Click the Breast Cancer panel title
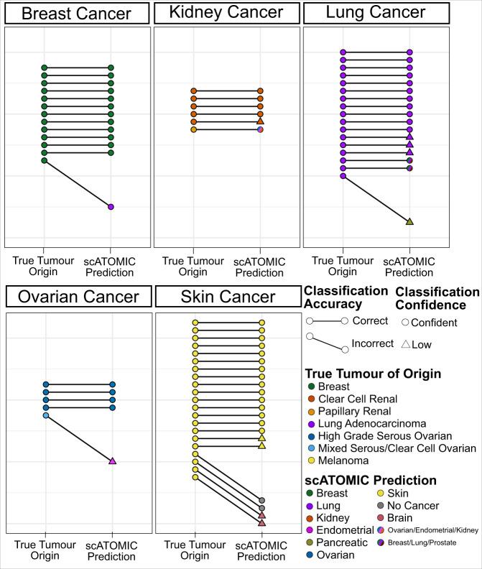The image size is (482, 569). coord(76,14)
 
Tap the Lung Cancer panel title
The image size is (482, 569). coord(375,12)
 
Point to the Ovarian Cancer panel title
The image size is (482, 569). coord(76,297)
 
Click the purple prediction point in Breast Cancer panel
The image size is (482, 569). coord(111,207)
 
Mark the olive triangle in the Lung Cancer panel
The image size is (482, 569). coord(409,221)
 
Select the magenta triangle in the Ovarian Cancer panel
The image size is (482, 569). coord(112,461)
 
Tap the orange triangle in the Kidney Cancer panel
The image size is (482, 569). coord(260,121)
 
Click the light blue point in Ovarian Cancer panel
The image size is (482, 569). coord(45,416)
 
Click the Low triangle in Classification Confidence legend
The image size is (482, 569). coord(406,345)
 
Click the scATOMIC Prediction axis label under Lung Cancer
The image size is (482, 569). coord(409,267)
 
